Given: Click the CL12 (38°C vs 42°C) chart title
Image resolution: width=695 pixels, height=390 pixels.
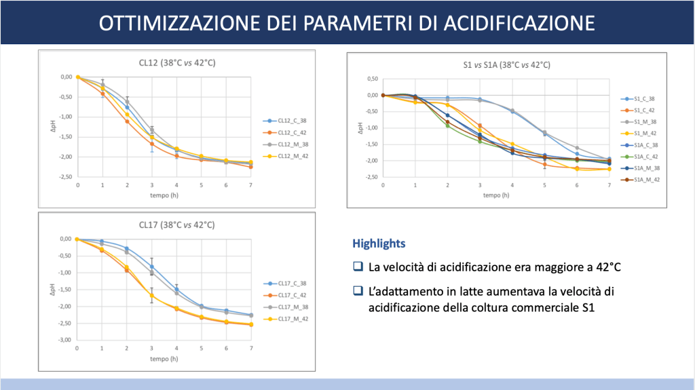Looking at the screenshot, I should click(x=177, y=63).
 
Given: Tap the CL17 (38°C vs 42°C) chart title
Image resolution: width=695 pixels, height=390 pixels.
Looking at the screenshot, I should click(x=177, y=225).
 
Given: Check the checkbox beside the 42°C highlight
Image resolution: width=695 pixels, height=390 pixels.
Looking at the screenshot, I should click(x=358, y=267).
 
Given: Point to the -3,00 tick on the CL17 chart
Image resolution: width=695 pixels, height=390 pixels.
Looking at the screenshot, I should click(x=64, y=340).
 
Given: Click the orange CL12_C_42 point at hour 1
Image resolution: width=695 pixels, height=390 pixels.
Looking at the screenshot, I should click(x=102, y=94).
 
